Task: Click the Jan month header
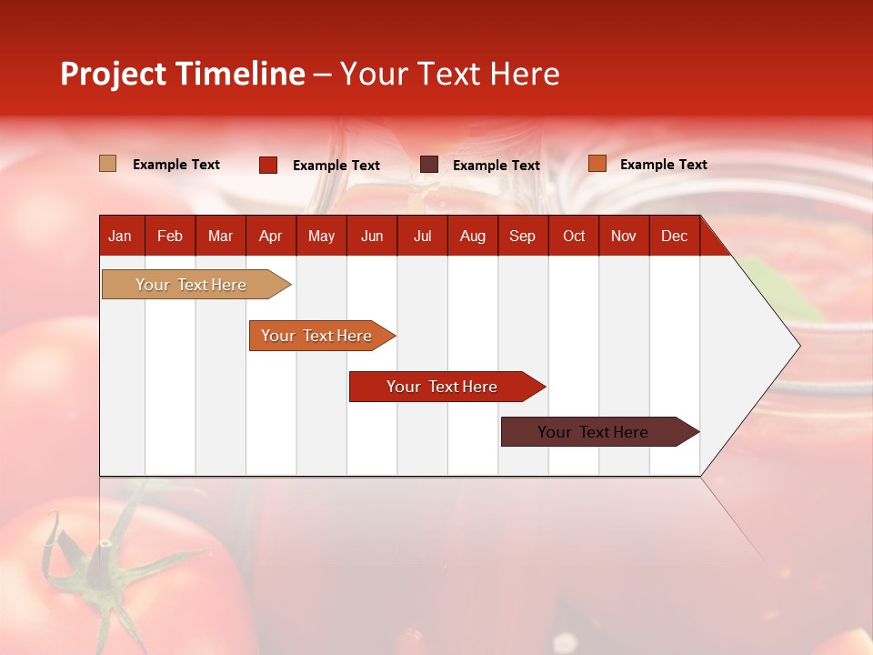120,236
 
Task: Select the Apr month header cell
271,236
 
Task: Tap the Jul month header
422,236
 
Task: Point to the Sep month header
523,236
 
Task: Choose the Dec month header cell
674,236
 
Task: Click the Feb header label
170,236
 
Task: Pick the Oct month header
574,236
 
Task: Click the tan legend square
108,164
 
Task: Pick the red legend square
268,165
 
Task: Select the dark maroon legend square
429,165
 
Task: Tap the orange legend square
597,164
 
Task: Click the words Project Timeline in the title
182,74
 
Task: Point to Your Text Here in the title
449,74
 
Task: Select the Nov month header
624,236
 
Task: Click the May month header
321,236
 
